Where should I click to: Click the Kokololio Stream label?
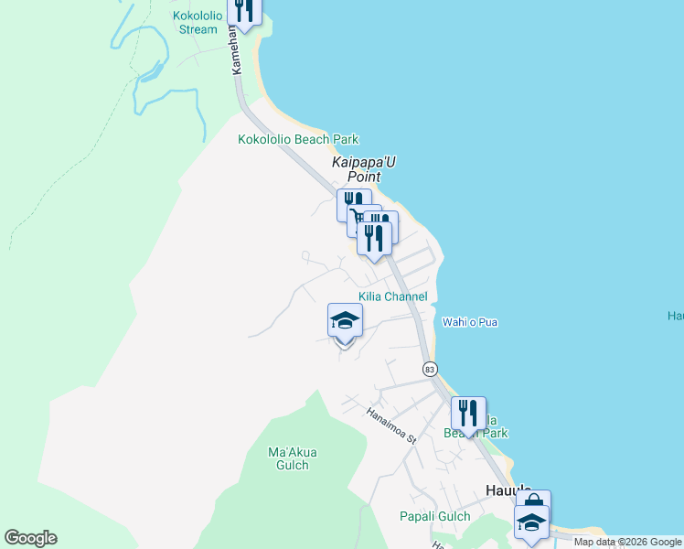(x=195, y=22)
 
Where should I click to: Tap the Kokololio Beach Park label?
(x=298, y=140)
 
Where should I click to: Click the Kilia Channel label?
(x=392, y=296)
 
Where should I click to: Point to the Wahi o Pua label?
(x=470, y=322)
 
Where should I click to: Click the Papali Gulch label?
(x=434, y=516)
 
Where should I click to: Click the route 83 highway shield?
(x=430, y=368)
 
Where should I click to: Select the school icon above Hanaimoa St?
(x=345, y=320)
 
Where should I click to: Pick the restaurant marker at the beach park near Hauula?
(x=468, y=414)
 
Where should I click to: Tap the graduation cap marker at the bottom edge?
(x=531, y=522)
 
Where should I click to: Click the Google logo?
(x=30, y=538)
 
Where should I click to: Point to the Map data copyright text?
(x=626, y=542)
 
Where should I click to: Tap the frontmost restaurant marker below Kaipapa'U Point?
(x=374, y=239)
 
